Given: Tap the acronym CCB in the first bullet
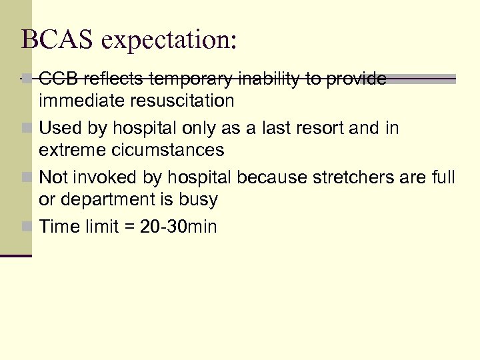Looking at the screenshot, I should coord(56,79).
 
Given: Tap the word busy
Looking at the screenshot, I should coord(199,199).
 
